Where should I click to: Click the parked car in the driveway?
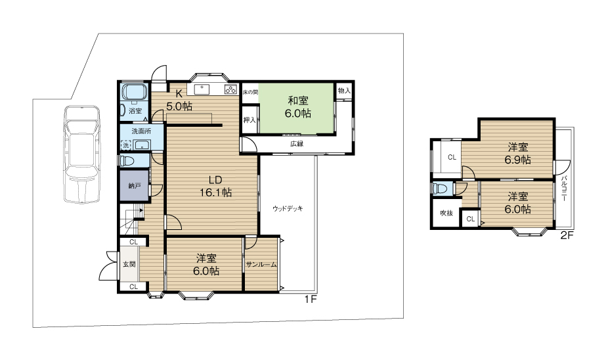82,154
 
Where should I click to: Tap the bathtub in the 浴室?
134,92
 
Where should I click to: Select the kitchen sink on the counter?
202,89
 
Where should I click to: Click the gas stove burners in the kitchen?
230,89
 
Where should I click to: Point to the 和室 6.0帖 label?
298,107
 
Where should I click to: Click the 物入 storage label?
344,91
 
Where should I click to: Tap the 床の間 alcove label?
250,93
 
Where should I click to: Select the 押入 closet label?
249,120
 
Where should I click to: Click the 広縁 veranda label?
297,144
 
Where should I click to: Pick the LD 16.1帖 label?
215,186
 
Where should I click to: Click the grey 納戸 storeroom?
134,186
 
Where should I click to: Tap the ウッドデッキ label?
288,208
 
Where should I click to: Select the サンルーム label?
261,265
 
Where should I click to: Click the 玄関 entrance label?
129,265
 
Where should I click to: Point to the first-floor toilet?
127,160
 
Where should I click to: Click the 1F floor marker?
311,299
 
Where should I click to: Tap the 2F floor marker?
567,235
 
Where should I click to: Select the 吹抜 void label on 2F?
446,213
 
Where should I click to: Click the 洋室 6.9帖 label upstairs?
518,154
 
